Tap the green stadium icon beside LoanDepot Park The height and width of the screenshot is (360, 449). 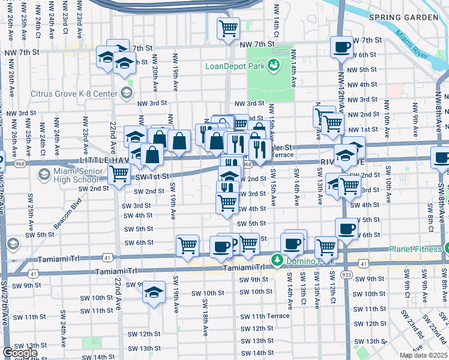point(274,65)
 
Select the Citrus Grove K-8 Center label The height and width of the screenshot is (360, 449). point(75,94)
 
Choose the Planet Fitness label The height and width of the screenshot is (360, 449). point(414,248)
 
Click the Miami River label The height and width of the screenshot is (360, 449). point(412,47)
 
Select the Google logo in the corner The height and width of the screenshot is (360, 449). point(20,353)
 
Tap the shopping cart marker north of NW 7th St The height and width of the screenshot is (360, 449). point(228,28)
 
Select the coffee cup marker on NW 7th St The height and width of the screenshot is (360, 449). point(342,46)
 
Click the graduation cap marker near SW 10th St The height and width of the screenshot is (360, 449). point(154,292)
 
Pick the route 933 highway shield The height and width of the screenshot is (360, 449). point(346,273)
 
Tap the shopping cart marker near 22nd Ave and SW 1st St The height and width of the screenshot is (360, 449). point(119,174)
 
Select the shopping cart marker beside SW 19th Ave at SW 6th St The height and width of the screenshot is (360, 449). point(187,244)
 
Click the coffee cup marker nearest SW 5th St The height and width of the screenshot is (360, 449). point(346,229)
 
